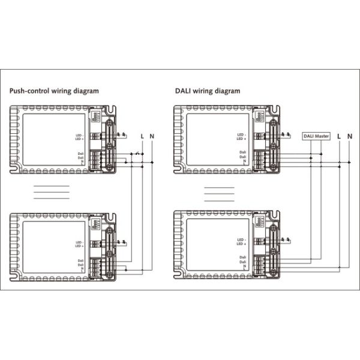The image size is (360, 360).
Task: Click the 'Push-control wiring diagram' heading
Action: tap(54, 91)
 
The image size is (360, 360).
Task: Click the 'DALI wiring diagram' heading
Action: tap(208, 91)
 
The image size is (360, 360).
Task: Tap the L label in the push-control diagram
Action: tap(142, 136)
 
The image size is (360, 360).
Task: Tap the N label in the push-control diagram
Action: tap(152, 136)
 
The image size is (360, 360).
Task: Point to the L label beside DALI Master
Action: tap(339, 136)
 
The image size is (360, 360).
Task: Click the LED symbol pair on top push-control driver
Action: tap(121, 134)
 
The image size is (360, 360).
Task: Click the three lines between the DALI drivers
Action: tap(220, 193)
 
